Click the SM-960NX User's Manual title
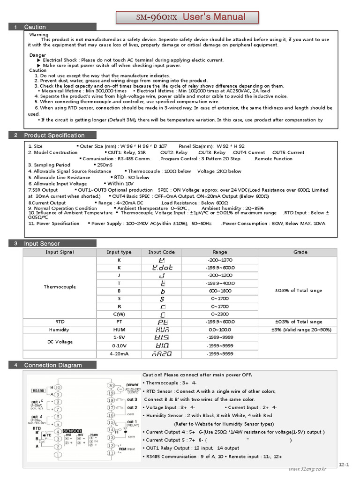(191, 17)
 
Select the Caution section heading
(35, 27)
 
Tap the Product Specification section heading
(54, 135)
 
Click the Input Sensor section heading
(42, 244)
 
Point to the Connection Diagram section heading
(53, 365)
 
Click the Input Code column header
(161, 252)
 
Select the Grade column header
(300, 252)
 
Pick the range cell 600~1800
(219, 291)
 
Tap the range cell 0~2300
(219, 314)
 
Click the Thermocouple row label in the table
(60, 287)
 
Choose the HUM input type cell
(119, 330)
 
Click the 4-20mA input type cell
(119, 354)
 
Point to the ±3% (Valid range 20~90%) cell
(300, 330)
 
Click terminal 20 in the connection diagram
(111, 385)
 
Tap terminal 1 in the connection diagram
(58, 455)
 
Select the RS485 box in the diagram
(37, 390)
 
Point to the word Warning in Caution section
(39, 35)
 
